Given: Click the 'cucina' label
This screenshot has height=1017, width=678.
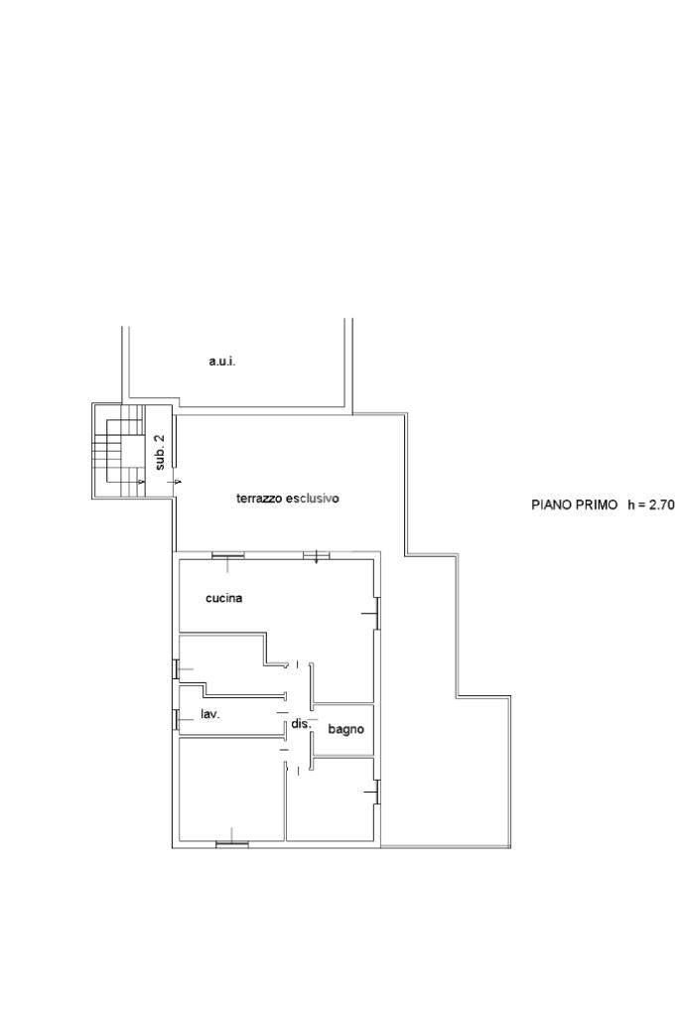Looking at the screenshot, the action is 223,598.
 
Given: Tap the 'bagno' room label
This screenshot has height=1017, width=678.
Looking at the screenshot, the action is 345,730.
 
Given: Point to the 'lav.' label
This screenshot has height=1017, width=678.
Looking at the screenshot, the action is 210,715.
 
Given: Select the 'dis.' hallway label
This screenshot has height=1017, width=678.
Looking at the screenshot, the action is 302,724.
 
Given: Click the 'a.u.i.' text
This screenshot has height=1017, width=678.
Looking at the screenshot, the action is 222,362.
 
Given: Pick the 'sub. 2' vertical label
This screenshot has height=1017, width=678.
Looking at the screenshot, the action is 161,452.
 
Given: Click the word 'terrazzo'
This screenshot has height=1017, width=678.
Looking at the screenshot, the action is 259,499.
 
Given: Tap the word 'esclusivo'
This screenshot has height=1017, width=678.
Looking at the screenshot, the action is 313,499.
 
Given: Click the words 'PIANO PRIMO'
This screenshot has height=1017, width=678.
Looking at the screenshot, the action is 575,505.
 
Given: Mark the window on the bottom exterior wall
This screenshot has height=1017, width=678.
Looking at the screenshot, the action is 232,843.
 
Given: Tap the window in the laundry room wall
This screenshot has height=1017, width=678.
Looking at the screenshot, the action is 176,718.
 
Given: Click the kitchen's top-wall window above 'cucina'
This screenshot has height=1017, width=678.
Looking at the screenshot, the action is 228,555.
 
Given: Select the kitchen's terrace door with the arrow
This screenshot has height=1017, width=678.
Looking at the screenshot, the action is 317,555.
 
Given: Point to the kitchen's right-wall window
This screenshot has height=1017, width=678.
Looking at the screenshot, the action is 376,612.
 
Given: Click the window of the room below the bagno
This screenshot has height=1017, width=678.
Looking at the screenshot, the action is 376,792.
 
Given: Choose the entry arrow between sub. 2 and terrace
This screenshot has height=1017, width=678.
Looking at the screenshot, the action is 176,482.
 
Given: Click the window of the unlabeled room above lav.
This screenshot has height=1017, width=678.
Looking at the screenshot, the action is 176,668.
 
